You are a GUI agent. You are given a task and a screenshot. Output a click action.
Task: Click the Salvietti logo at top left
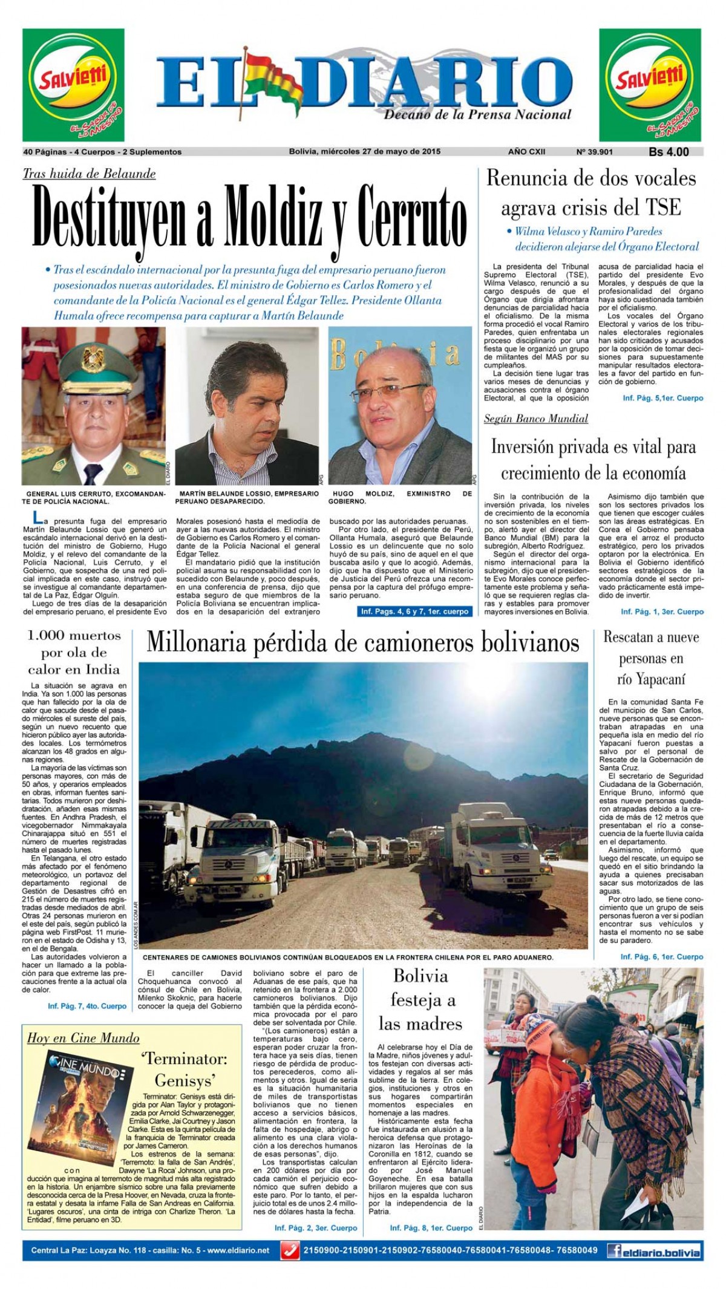point(73,85)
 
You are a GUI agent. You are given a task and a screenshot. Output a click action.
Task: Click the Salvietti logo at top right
point(650,85)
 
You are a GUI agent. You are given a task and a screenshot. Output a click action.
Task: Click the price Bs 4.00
point(669,152)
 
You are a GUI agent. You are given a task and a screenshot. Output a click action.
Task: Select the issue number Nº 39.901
point(595,152)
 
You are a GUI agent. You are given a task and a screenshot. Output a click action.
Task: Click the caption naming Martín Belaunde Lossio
point(249,497)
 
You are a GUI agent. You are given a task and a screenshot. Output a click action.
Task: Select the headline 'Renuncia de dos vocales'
point(591,179)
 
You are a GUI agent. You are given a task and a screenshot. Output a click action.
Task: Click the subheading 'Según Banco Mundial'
point(535,419)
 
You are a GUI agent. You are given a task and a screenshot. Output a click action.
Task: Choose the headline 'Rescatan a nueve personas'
point(651,658)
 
